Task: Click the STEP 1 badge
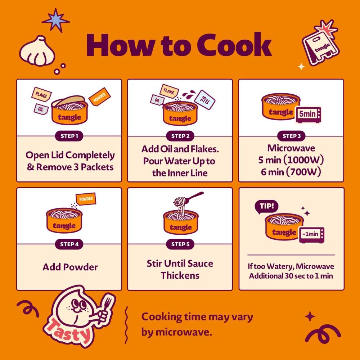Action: (69, 136)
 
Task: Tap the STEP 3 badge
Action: (291, 136)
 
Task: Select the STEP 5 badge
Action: (180, 244)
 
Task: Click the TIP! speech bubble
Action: (266, 207)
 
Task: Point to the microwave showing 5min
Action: (309, 114)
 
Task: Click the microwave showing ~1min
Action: (311, 235)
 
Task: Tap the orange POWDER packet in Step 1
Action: (99, 96)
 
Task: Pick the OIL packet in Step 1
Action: (41, 109)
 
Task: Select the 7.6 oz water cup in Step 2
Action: (204, 100)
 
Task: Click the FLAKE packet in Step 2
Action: (169, 91)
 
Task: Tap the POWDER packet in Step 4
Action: (86, 199)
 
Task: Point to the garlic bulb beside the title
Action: (37, 51)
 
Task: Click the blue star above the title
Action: (55, 21)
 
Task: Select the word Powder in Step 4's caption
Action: (80, 267)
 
